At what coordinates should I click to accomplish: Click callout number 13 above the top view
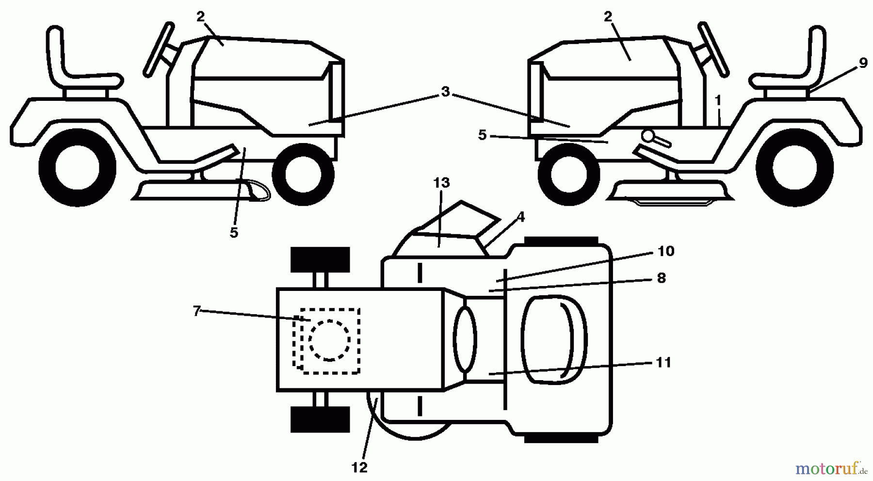tap(441, 183)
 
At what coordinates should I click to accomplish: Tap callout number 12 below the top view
tap(359, 468)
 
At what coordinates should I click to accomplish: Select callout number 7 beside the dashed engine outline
tap(196, 311)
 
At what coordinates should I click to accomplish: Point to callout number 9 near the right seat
tap(862, 64)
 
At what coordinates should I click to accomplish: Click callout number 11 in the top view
tap(663, 362)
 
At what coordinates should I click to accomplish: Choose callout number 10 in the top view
tap(666, 251)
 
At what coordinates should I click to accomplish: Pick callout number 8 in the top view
tap(661, 278)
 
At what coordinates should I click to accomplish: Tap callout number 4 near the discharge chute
tap(520, 217)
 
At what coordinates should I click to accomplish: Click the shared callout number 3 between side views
tap(445, 92)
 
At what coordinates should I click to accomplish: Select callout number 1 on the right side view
tap(718, 100)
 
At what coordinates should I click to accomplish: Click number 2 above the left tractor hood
tap(201, 16)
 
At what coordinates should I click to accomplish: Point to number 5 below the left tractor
tap(234, 233)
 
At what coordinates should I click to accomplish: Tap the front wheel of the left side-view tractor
tap(303, 174)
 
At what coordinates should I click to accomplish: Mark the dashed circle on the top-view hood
tap(329, 340)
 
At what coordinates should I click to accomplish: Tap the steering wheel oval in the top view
tap(465, 339)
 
